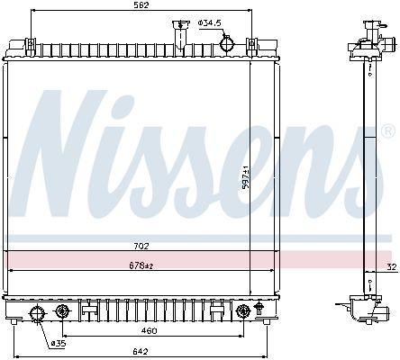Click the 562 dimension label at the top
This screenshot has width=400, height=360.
click(141, 5)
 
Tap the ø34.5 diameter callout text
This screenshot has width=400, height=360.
click(210, 22)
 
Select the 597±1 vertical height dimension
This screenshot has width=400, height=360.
click(246, 177)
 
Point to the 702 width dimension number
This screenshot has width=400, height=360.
click(141, 246)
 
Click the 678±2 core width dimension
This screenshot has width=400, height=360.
click(141, 265)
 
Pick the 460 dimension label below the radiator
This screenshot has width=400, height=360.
click(150, 330)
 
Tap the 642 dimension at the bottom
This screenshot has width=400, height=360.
click(141, 351)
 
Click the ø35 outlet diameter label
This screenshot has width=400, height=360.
click(59, 344)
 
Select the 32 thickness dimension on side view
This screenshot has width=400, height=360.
click(392, 266)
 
